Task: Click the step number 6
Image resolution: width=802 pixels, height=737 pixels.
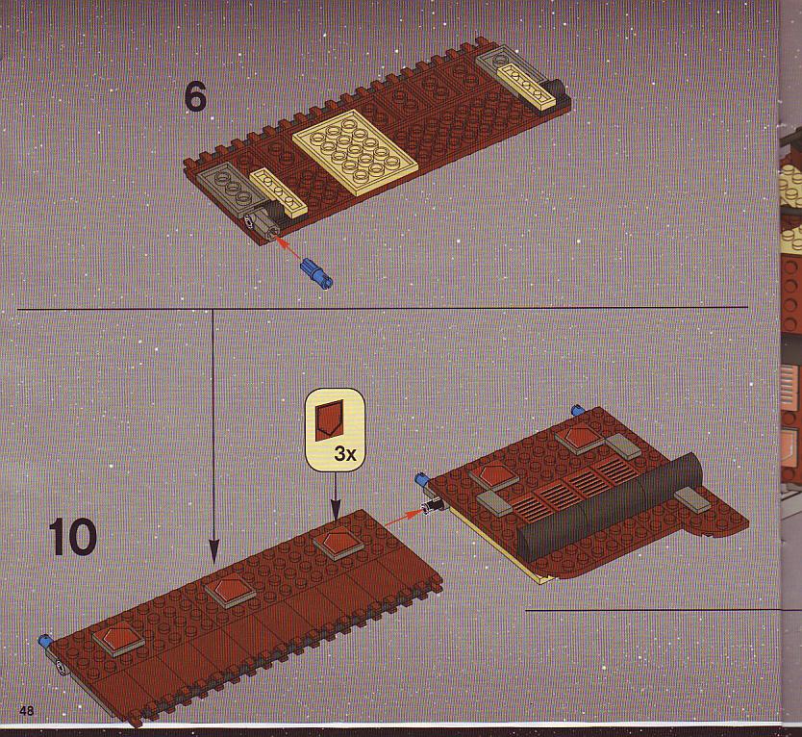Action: (x=195, y=97)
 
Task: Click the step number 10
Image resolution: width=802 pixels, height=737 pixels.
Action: (x=73, y=537)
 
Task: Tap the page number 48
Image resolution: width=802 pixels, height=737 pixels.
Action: (x=27, y=710)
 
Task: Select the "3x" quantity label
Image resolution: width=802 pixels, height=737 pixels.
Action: (x=344, y=453)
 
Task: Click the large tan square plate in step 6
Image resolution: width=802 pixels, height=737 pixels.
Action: (x=355, y=153)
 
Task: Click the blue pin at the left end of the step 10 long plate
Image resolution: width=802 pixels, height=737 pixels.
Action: (x=46, y=641)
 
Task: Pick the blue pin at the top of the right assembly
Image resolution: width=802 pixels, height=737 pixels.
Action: (x=578, y=410)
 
